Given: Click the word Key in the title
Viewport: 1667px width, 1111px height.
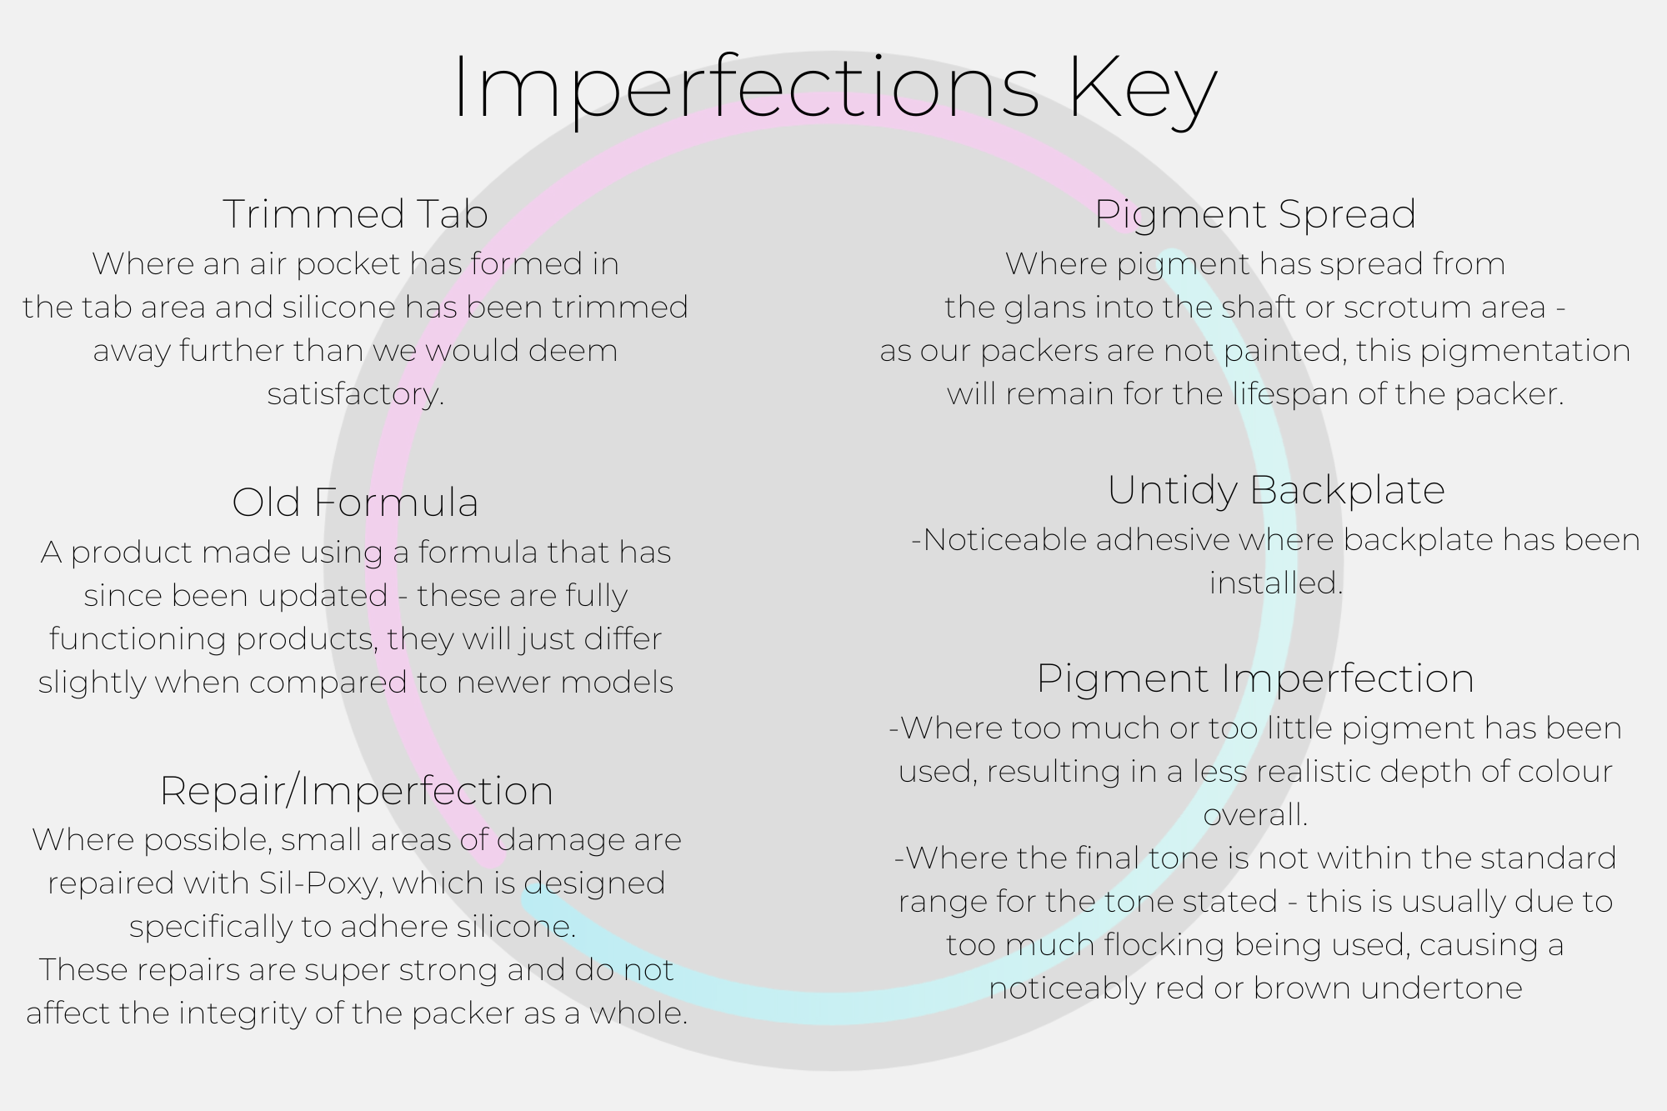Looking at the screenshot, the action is pos(1143,90).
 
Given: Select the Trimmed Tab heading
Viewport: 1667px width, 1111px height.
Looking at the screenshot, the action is pos(355,214).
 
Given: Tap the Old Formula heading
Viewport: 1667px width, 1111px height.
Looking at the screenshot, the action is pos(355,503).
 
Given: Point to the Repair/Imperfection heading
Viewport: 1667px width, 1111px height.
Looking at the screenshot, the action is pos(356,791).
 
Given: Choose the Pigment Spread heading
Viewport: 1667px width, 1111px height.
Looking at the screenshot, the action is pos(1255,214).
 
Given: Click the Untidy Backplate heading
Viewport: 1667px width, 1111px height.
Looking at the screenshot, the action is pos(1275,490).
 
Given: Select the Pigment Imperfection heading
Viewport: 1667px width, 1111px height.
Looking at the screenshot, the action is pos(1255,678).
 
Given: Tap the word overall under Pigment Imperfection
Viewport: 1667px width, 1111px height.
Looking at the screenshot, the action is pos(1254,815).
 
